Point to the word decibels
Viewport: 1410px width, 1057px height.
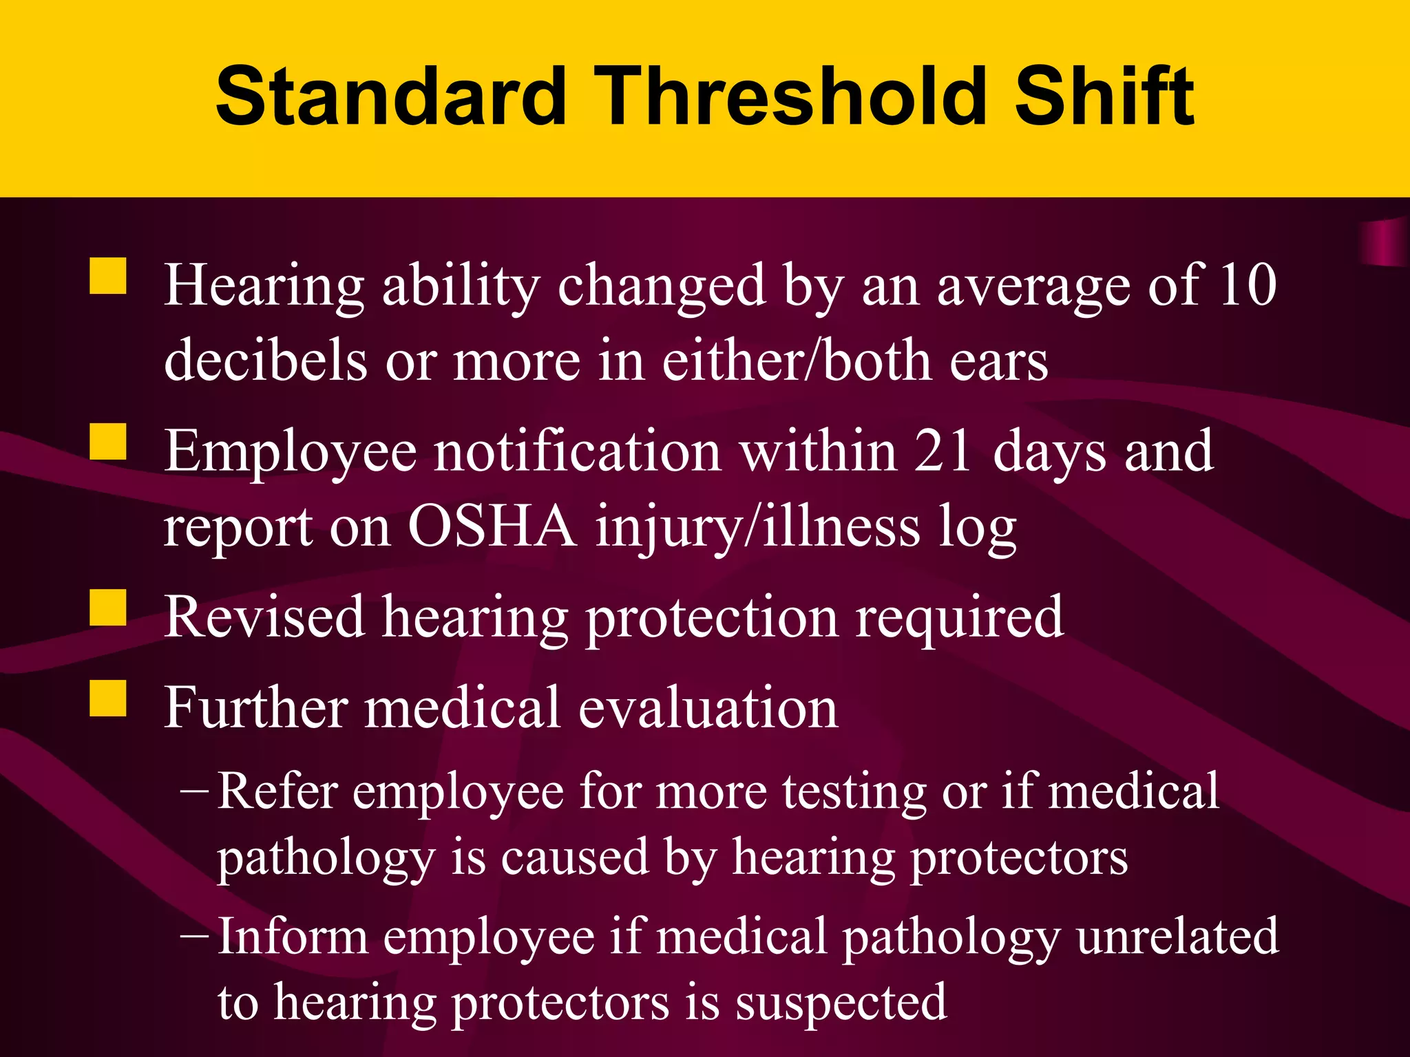(266, 361)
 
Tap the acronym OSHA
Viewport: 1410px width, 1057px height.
(492, 527)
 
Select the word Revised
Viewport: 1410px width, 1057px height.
(264, 617)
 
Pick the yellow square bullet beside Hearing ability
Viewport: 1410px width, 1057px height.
(108, 276)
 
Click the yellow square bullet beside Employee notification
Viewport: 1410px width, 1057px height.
(108, 442)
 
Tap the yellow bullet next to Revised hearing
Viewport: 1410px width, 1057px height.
(108, 608)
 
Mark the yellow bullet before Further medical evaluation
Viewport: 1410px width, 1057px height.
(108, 698)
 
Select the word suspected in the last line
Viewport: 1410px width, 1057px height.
(841, 1003)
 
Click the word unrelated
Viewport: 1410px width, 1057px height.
(1177, 937)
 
